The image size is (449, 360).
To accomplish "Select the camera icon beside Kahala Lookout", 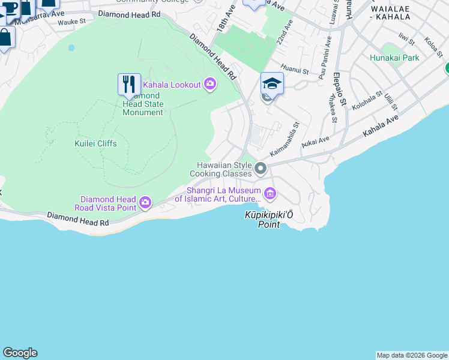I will coord(210,84).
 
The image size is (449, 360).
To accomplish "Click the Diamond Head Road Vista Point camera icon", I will coord(145,203).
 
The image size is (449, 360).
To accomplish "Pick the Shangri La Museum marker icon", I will coord(270,193).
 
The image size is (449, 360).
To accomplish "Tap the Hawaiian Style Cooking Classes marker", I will coord(261,169).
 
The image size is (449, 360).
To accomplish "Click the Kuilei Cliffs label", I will coord(95,143).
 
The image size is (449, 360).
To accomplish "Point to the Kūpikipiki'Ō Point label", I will coord(268,220).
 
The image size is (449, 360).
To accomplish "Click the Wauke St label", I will coord(73,23).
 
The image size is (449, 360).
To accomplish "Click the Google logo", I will coord(20,353).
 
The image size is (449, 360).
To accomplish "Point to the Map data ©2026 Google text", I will coord(412,355).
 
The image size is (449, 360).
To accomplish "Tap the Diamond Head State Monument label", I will coord(143,104).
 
